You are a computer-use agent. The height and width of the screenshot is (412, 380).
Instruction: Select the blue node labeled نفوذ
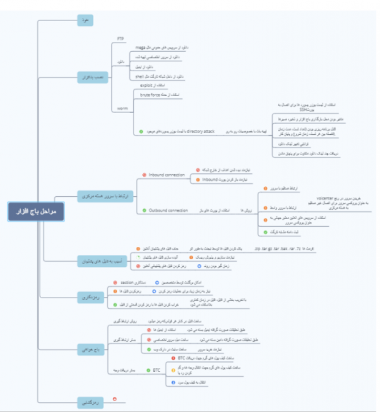pos(85,21)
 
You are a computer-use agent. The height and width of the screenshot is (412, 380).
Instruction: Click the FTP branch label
pos(121,39)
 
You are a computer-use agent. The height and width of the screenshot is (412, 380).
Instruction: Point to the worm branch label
pos(122,109)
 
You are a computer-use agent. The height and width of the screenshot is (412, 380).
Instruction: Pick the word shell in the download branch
pos(139,77)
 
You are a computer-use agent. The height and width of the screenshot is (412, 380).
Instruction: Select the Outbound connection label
pos(168,210)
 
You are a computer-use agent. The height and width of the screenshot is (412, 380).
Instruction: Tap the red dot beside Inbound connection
pos(143,174)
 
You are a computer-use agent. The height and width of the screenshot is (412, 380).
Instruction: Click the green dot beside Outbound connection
pos(143,210)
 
